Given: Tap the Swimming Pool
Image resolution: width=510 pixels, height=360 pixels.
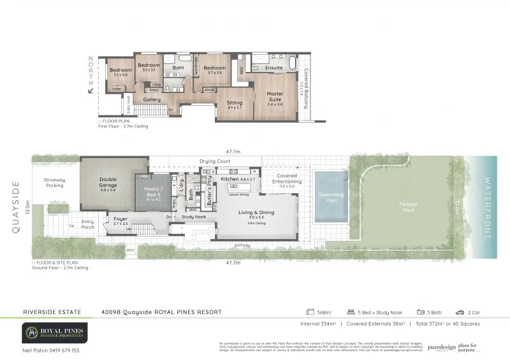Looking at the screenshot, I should pos(331,194).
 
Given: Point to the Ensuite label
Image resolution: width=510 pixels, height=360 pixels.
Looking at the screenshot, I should pos(274,68).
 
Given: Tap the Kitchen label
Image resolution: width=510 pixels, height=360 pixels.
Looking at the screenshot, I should pos(229,180).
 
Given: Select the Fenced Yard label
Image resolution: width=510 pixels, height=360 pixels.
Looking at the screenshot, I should pos(408,206).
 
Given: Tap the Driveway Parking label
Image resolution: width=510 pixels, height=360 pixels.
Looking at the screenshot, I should pos(54,183).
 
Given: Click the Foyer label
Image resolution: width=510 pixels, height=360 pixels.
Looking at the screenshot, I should pos(120,219).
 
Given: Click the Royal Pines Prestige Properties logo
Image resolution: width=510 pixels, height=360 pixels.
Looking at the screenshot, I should pos(54,331).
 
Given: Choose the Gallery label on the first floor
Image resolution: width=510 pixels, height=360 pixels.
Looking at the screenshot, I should pos(152,100).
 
